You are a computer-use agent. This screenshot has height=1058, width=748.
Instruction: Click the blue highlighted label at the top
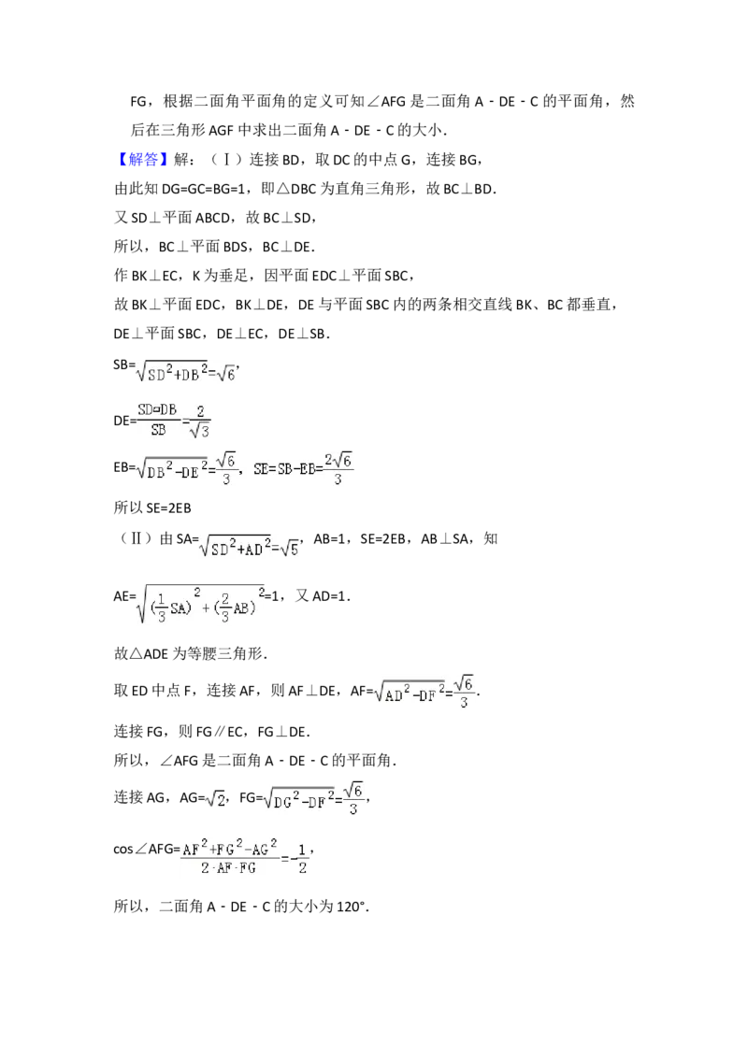(x=145, y=160)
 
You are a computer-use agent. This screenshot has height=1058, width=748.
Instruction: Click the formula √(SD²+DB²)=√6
(x=187, y=374)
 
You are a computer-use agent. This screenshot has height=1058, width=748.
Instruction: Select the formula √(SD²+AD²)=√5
(x=247, y=548)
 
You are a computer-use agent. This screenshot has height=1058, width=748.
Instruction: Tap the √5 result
(x=289, y=549)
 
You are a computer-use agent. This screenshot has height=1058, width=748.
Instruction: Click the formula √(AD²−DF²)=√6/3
(x=423, y=693)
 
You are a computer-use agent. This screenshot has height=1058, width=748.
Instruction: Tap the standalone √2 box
(x=217, y=799)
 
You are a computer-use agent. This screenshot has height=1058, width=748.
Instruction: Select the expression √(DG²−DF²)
(x=299, y=800)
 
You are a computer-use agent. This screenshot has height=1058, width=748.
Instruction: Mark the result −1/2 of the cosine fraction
(x=300, y=858)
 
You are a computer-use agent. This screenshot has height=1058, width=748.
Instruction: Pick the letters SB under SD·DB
(x=156, y=430)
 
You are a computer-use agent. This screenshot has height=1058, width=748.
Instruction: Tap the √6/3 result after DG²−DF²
(x=352, y=800)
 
